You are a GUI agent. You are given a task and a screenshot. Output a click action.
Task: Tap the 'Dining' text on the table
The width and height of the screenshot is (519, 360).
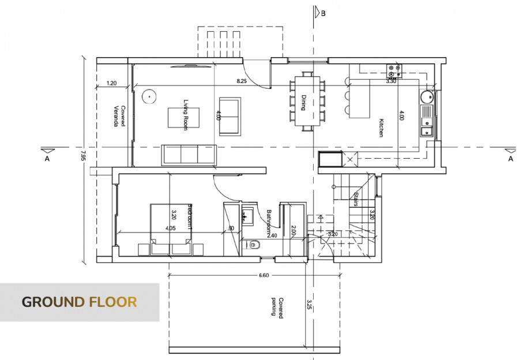pos(304,103)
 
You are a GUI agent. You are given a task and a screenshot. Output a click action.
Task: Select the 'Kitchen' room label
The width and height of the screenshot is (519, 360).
pos(381,127)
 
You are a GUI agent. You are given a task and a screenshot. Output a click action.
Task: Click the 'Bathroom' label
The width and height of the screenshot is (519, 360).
pos(269,222)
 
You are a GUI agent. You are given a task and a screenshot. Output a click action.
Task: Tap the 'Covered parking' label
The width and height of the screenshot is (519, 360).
pos(277,306)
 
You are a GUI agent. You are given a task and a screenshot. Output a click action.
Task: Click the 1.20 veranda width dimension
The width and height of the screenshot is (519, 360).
pos(112,84)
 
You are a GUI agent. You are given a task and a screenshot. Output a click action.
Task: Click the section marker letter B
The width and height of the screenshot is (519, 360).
pos(323,13)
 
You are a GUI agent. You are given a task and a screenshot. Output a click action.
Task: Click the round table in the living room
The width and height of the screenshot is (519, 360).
pos(149,96)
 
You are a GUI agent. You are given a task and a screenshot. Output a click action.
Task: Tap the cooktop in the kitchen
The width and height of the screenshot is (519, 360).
pos(394,70)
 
